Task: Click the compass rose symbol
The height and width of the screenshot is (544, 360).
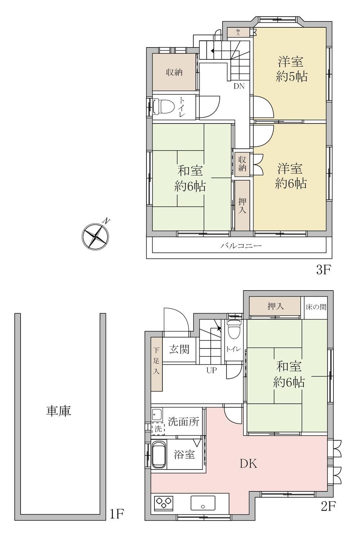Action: [x=95, y=235]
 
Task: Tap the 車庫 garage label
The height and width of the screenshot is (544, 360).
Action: [x=59, y=412]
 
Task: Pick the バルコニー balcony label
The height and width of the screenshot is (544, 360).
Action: [x=241, y=246]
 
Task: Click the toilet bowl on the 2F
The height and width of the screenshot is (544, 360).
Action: [x=234, y=330]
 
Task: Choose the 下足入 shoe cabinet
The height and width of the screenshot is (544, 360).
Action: [x=157, y=364]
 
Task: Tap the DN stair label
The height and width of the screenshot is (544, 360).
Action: [x=239, y=86]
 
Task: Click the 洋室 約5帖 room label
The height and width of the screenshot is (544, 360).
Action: [x=291, y=69]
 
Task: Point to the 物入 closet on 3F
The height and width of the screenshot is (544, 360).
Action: [x=238, y=32]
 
